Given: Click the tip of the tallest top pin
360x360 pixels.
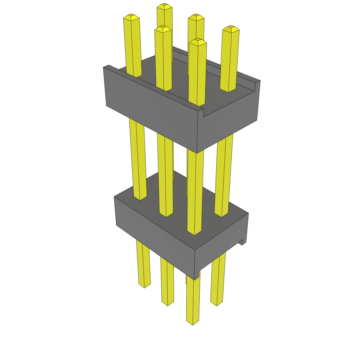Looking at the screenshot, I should tap(164, 6).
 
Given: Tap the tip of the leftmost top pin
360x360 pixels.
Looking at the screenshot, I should tap(131, 17).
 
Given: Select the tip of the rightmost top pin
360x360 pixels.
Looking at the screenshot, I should tap(231, 28).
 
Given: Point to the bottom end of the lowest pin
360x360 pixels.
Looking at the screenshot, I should tap(192, 322).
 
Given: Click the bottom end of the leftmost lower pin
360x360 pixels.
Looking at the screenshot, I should tap(144, 285).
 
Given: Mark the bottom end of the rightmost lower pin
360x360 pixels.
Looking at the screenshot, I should tap(217, 303).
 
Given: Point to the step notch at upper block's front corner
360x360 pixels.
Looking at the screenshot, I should tap(201, 112).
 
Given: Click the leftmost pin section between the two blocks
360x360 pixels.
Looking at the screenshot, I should tap(137, 158).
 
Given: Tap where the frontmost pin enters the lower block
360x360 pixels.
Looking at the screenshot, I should tap(194, 232).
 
